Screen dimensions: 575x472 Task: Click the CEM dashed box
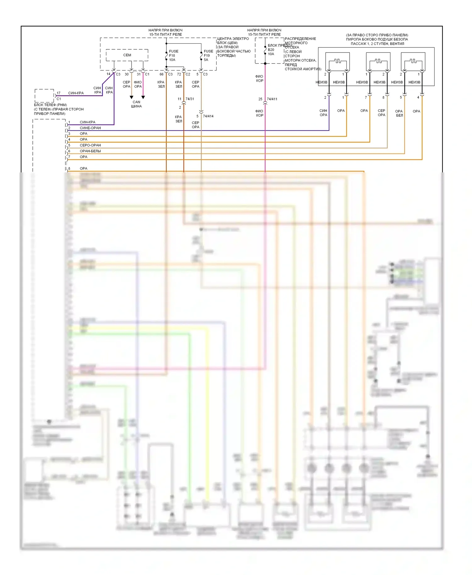point(127,55)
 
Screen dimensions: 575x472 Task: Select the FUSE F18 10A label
point(173,55)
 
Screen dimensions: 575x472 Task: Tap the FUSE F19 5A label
point(208,55)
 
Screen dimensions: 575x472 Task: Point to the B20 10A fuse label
point(271,52)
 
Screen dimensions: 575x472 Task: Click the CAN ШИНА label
point(137,104)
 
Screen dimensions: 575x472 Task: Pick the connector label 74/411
point(272,99)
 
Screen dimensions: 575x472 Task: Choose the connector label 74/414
point(208,116)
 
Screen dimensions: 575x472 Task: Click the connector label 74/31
point(190,99)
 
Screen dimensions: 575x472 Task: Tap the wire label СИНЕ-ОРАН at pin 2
point(90,128)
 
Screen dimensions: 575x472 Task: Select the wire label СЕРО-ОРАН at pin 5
point(90,145)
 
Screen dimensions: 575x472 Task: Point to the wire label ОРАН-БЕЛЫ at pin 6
point(90,151)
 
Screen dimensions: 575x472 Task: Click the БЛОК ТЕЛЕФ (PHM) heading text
point(50,105)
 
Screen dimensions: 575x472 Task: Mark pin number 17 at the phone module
point(59,93)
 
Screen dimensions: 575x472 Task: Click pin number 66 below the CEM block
point(161,74)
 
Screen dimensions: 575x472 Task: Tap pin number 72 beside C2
point(179,74)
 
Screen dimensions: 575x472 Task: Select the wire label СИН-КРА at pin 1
point(87,122)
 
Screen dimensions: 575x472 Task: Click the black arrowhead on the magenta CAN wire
point(143,98)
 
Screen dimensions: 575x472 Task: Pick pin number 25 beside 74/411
point(260,99)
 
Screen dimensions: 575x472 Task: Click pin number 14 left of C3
point(109,74)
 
